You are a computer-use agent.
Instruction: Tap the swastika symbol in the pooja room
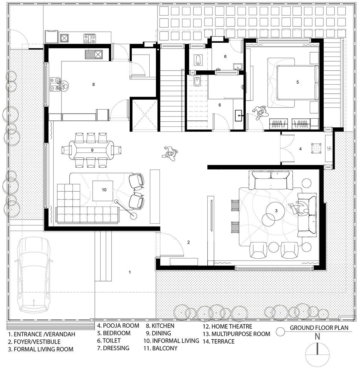coord(329,148)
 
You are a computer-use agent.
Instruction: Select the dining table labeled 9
coord(92,150)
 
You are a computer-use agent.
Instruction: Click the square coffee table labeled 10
coord(103,190)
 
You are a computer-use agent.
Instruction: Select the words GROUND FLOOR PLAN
coord(319,328)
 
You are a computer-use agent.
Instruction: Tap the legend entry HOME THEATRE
coord(227,326)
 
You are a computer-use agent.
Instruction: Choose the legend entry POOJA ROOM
coord(118,326)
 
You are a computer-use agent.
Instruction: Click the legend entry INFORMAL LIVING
coord(171,341)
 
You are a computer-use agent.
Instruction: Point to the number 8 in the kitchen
coord(94,84)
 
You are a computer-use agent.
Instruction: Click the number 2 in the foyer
coord(188,242)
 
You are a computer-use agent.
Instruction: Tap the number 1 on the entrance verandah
coord(130,272)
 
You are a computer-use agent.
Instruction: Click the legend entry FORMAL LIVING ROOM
coord(41,349)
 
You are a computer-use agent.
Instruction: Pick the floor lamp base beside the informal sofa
coord(133,215)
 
